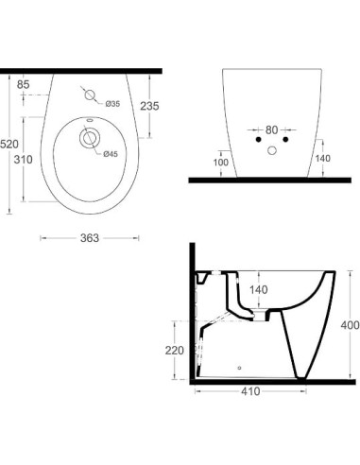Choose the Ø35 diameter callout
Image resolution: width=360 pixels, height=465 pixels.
[x=111, y=103]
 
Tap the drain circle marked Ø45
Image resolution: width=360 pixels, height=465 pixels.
[x=89, y=140]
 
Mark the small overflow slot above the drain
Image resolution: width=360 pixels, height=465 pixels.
[x=89, y=122]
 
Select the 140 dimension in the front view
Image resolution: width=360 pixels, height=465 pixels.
[x=323, y=160]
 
